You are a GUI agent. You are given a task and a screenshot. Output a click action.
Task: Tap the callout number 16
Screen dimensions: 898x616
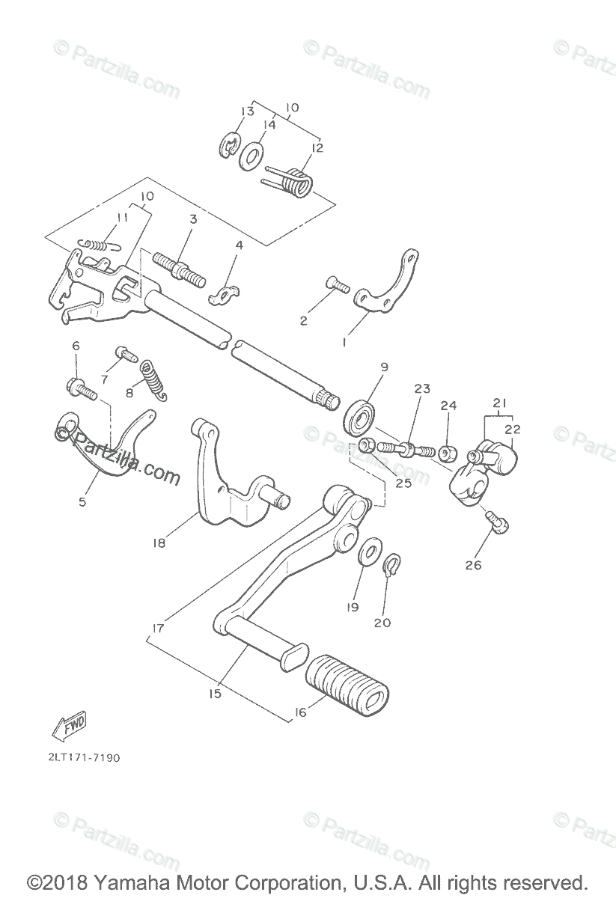coord(300,712)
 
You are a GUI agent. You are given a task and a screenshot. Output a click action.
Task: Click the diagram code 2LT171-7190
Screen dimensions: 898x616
coord(83,757)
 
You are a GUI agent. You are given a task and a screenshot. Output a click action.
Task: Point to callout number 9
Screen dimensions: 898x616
coord(383,367)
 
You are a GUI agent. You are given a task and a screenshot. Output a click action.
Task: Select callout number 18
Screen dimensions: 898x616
coord(159,543)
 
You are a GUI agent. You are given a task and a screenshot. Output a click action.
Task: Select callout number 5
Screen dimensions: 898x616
coord(82,501)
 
